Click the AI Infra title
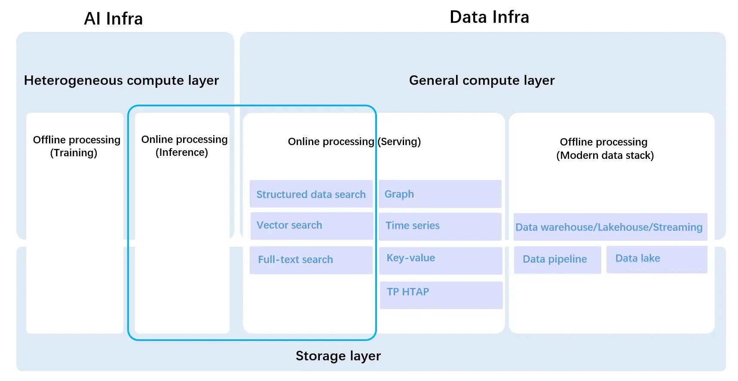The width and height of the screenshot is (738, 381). tap(113, 19)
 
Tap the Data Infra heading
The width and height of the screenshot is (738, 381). tap(489, 17)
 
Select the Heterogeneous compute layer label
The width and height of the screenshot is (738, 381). tap(121, 81)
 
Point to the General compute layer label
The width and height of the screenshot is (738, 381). tap(481, 81)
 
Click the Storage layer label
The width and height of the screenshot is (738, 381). tap(338, 356)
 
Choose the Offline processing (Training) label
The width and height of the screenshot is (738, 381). tap(76, 146)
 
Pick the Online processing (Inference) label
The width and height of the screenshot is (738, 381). tap(184, 146)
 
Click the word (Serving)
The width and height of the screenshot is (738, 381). tap(399, 142)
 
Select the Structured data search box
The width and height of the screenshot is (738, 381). tap(311, 194)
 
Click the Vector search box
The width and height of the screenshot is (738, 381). tap(311, 226)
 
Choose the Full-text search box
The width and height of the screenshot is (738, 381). tap(311, 260)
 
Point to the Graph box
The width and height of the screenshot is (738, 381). tap(440, 194)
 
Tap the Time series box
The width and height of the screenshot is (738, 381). tap(440, 226)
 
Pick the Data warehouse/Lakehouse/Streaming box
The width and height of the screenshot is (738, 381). tap(610, 227)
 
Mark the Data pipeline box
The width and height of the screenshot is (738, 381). tap(557, 259)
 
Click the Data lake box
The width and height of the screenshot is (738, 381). tap(656, 259)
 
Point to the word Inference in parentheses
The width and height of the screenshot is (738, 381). tap(182, 152)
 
